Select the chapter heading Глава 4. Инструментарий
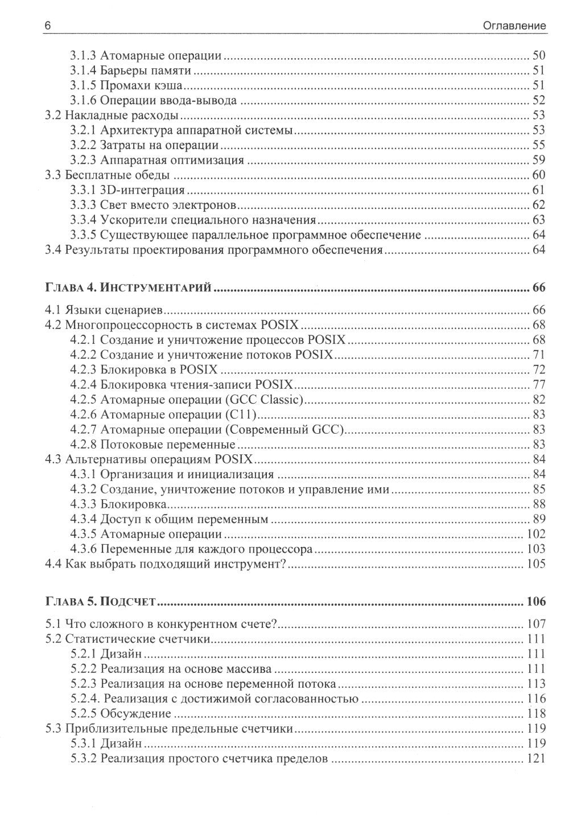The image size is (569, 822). point(128,287)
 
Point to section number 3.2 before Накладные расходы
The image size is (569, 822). point(53,116)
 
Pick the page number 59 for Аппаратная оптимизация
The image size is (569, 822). point(538,160)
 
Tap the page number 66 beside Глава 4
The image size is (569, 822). point(538,287)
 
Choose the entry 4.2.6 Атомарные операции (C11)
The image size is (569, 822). point(165,414)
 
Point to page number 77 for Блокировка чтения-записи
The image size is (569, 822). point(538,384)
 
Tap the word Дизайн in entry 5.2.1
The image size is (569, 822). point(121,654)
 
